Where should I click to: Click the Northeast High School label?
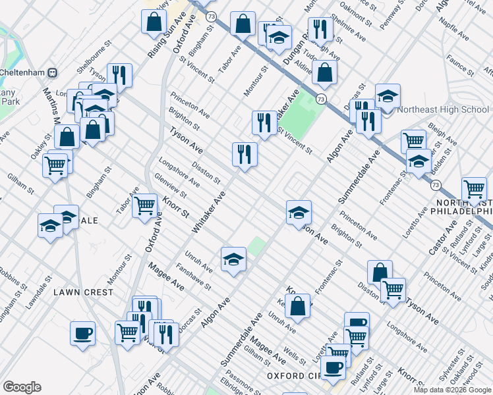(444, 109)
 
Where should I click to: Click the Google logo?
(22, 387)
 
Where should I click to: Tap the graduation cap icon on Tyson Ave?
(299, 212)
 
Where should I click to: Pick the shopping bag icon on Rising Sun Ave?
(154, 21)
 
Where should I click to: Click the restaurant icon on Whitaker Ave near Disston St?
(245, 155)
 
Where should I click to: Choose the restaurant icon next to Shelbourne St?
(120, 75)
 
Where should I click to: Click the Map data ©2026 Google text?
(453, 389)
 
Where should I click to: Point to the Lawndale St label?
(38, 296)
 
